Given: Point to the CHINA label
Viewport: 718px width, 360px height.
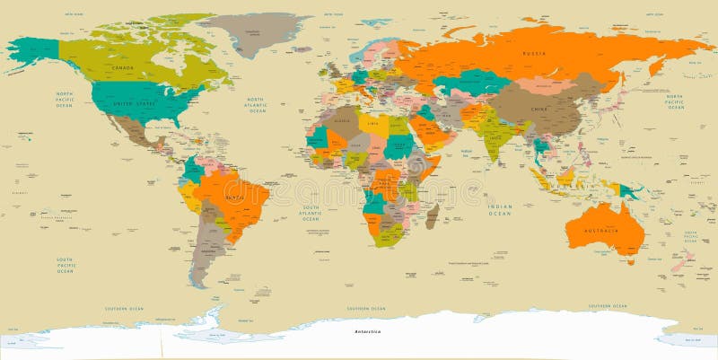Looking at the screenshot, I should (x=538, y=109).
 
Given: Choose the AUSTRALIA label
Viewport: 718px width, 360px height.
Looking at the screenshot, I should (x=602, y=231).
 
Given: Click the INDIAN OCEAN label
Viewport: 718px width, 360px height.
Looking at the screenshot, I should (x=500, y=208).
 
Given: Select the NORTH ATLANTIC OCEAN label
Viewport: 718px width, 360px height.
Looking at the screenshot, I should (x=257, y=105).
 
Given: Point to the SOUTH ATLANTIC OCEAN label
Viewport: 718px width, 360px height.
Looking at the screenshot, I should (x=310, y=213).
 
